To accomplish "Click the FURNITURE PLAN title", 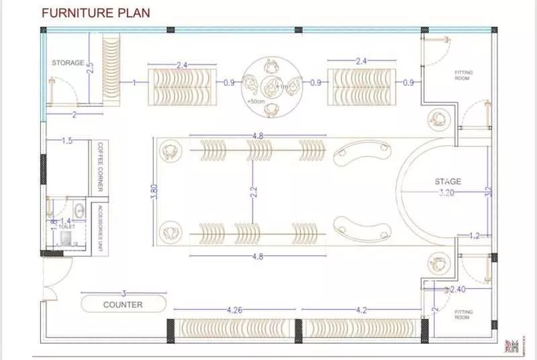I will (x=96, y=13).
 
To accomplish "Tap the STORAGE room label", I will (x=68, y=63).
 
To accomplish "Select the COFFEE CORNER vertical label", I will (x=100, y=164).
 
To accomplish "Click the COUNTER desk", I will (x=123, y=304).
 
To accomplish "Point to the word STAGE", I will (x=448, y=181).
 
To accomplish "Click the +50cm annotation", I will (x=255, y=101).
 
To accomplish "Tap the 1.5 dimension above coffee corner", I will (x=67, y=141).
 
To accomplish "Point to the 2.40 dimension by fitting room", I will (x=457, y=289).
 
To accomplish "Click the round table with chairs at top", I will (x=271, y=83).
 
